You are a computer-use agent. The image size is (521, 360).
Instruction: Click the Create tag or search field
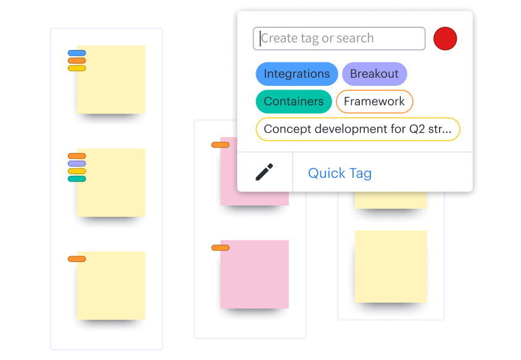click(339, 38)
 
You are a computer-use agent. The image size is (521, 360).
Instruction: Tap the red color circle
click(445, 38)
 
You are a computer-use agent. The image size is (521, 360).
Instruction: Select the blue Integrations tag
click(297, 74)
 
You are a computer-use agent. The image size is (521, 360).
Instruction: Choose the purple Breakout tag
click(375, 74)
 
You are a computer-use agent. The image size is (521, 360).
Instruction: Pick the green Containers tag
click(294, 101)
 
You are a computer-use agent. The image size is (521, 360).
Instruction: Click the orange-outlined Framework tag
click(375, 101)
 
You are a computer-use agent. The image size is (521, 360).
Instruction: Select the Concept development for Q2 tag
click(358, 129)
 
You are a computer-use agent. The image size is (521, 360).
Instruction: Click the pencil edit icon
click(264, 172)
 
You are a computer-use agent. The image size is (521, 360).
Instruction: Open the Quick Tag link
click(340, 173)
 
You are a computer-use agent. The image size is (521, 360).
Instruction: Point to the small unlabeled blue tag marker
click(77, 53)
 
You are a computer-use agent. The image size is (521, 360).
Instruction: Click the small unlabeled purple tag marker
click(77, 164)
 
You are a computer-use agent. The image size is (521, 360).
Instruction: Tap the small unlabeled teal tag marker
click(77, 179)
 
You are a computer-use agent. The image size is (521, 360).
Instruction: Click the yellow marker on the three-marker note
click(77, 68)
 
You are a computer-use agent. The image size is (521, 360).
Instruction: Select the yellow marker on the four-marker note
click(77, 171)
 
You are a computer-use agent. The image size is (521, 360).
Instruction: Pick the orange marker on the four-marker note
click(77, 156)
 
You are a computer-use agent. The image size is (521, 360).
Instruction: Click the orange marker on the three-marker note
click(77, 61)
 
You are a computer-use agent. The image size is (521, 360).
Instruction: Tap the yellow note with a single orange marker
click(111, 285)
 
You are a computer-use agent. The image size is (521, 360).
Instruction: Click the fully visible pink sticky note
click(254, 274)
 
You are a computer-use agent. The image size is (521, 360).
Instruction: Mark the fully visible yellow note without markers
click(391, 266)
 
